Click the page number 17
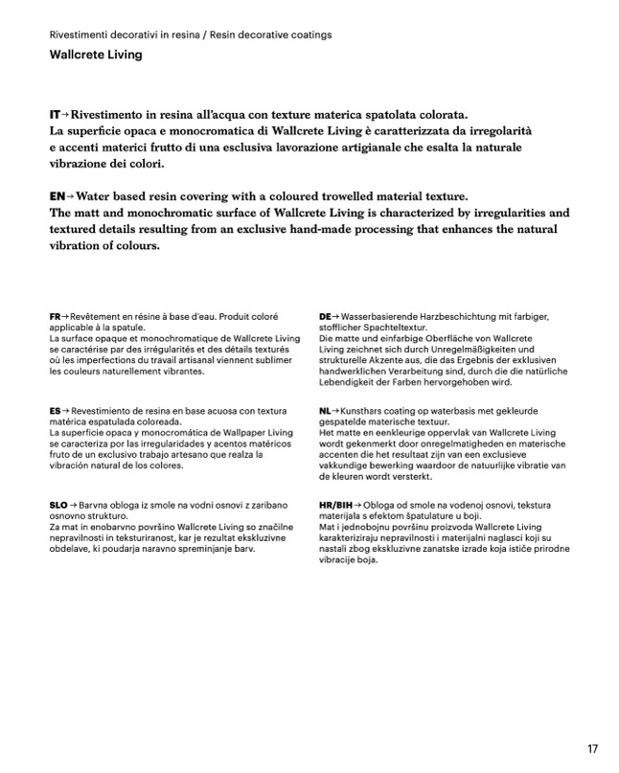tap(592, 748)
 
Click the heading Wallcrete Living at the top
tap(96, 55)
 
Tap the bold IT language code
tap(57, 113)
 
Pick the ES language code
tap(56, 410)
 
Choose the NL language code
tap(325, 410)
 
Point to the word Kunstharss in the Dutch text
tap(370, 410)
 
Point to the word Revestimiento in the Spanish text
tap(107, 410)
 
